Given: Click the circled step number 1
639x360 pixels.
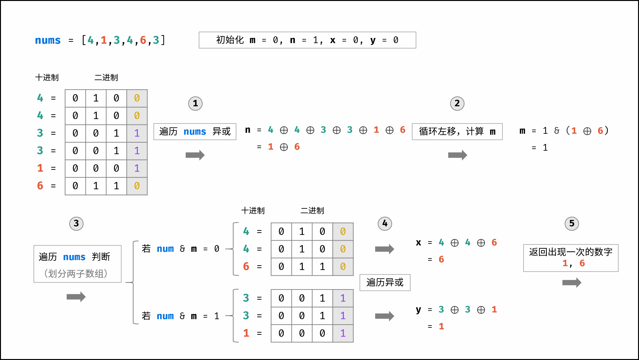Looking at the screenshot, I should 195,103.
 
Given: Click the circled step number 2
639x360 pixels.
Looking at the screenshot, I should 457,103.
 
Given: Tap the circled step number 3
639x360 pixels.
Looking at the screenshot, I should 76,223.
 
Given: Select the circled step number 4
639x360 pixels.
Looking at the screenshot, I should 385,223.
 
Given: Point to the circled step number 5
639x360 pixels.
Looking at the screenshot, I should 572,223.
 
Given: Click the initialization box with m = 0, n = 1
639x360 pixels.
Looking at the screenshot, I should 307,40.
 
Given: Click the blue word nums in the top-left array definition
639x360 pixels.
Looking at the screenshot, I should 48,40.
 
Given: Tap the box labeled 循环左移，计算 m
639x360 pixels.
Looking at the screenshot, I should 457,131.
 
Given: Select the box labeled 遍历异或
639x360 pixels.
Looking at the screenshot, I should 385,282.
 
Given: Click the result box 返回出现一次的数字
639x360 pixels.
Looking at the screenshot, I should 570,258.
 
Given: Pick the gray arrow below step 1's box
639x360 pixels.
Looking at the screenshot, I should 195,155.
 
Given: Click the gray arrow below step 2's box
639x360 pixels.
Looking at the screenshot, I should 457,155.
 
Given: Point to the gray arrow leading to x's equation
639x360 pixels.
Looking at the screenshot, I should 384,249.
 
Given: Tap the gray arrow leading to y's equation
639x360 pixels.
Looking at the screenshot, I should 384,316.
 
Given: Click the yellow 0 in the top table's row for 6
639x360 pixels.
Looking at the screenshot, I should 137,186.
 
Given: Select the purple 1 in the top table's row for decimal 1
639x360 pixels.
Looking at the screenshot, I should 137,168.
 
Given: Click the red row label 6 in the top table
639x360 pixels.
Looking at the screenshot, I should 40,186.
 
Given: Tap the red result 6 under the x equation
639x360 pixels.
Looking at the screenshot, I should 441,259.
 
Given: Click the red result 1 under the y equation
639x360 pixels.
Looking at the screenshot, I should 441,326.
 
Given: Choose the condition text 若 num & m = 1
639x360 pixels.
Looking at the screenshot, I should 180,316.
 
